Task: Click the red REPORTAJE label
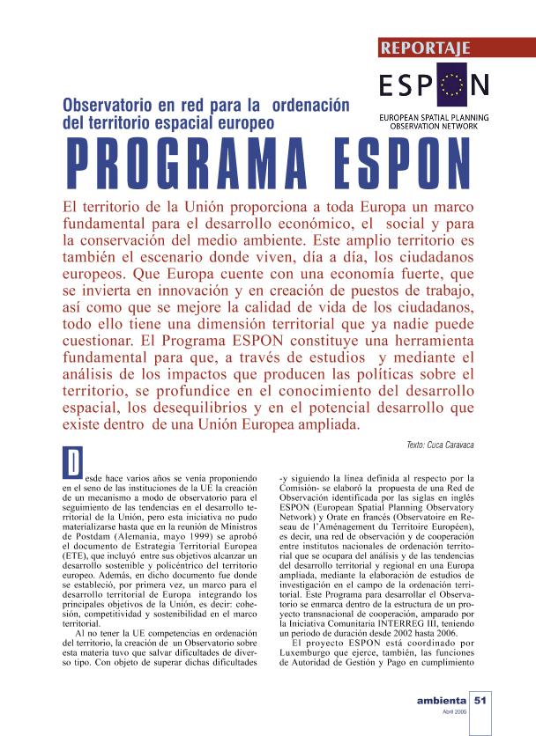tap(426, 48)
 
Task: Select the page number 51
tap(480, 701)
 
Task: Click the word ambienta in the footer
tap(441, 701)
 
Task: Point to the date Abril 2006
tap(453, 712)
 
